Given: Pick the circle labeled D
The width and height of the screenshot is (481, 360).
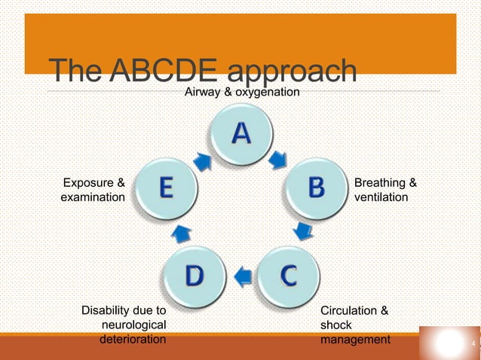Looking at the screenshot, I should [194, 276].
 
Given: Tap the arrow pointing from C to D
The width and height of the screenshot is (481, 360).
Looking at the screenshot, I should [241, 275].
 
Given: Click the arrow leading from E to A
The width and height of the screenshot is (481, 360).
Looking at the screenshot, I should [203, 159].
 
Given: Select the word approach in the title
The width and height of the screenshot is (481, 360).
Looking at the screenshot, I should [292, 72].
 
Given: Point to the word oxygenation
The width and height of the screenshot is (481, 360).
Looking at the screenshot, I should [267, 92].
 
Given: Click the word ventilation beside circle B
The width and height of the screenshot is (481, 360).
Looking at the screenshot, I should [381, 197].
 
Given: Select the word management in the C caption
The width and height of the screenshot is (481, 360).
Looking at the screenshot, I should [356, 340].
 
